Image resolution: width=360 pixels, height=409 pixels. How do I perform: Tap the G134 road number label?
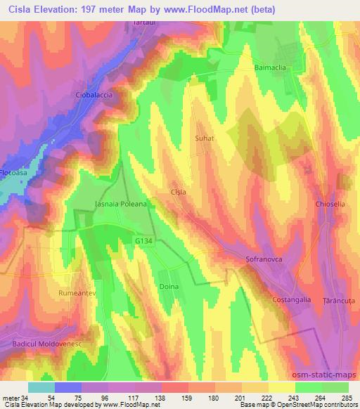pos(144,241)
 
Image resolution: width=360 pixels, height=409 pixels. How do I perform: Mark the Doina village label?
pos(169,287)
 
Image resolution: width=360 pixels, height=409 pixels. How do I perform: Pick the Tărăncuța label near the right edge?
pos(340,299)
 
